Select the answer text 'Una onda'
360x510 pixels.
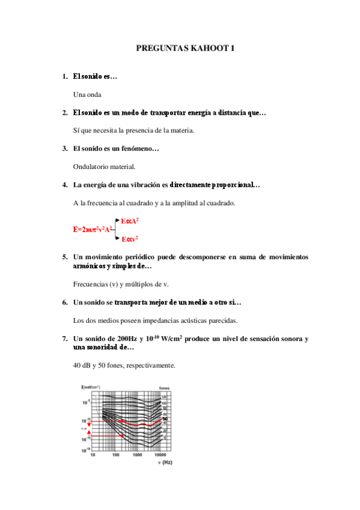87,94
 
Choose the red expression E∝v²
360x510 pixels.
130,239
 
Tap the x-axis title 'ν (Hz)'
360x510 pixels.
165,462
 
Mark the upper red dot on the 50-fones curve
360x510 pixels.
122,421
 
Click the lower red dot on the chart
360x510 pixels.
122,434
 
